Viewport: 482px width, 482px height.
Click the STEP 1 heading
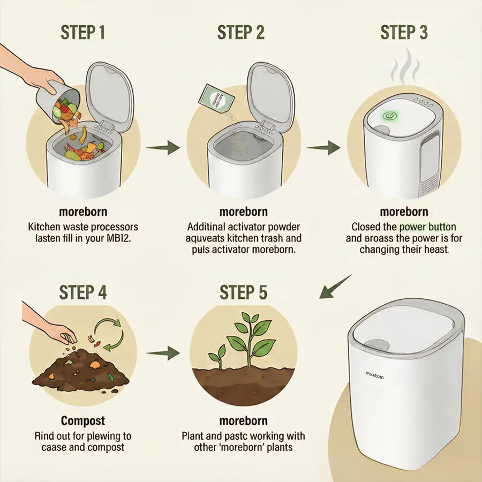(x=82, y=32)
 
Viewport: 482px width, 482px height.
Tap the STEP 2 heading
(x=240, y=32)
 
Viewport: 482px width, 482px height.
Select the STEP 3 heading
(x=404, y=32)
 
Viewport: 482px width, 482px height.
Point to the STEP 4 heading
(x=82, y=292)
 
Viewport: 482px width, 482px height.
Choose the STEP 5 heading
(x=243, y=292)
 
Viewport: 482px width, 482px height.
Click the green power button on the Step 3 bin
(x=390, y=116)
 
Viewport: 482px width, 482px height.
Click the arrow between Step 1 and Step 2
(x=163, y=147)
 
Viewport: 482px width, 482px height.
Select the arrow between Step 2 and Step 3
(x=323, y=147)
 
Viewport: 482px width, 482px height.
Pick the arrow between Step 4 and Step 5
(x=163, y=353)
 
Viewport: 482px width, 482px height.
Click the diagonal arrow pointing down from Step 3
(x=335, y=287)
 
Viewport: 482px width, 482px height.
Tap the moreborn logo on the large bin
(x=374, y=375)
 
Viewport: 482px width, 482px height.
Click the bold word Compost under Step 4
(x=82, y=421)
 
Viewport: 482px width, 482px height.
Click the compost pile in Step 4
(x=80, y=370)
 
